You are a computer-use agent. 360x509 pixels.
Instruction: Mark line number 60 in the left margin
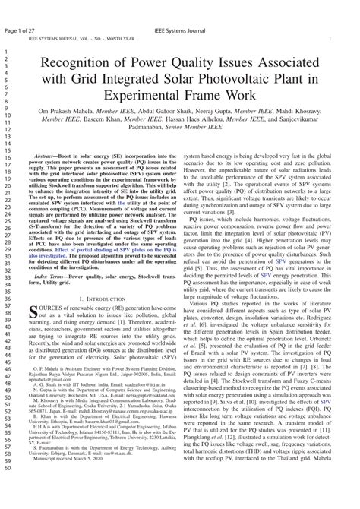pos(6,489)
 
